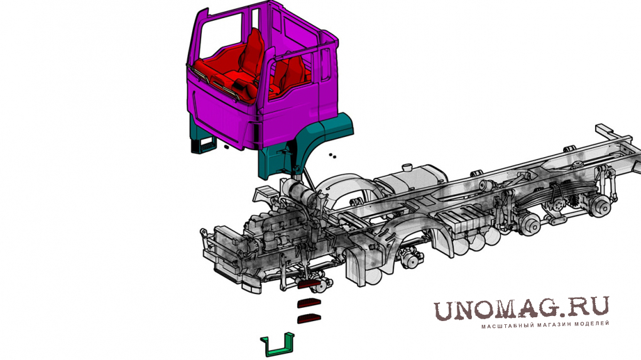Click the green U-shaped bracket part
(278, 349)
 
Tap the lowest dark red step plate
(309, 319)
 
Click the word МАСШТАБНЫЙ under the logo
(502, 326)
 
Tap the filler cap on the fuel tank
(407, 168)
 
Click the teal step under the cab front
(204, 145)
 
